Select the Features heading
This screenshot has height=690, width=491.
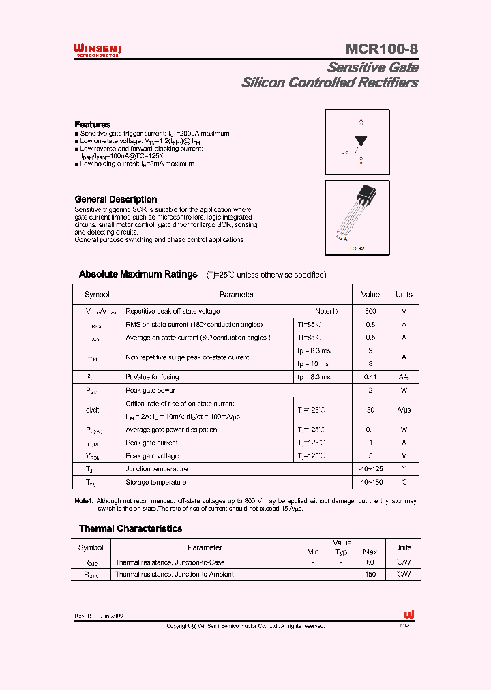tap(92, 125)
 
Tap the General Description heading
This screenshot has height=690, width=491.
tap(115, 199)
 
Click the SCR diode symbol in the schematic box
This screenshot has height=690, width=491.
tap(361, 142)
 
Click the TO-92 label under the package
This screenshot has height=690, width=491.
tap(357, 249)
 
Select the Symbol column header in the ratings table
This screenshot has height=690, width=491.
tap(97, 295)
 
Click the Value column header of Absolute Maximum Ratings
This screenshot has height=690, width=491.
tap(370, 295)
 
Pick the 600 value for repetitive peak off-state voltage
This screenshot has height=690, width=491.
tap(370, 311)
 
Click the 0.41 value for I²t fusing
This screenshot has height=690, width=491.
tap(370, 377)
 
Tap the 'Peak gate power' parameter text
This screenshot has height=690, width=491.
tap(150, 391)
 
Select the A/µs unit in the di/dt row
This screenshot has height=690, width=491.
tap(404, 410)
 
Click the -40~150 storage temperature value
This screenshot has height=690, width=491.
tap(370, 483)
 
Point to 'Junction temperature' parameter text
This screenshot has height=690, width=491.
tap(156, 469)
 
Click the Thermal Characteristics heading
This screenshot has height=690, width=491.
tap(130, 528)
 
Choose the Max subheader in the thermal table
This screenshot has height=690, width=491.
tap(370, 552)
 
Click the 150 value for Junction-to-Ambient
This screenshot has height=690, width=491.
tap(370, 575)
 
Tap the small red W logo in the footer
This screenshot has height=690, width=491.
tap(409, 614)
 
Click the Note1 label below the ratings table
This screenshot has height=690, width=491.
tap(83, 501)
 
